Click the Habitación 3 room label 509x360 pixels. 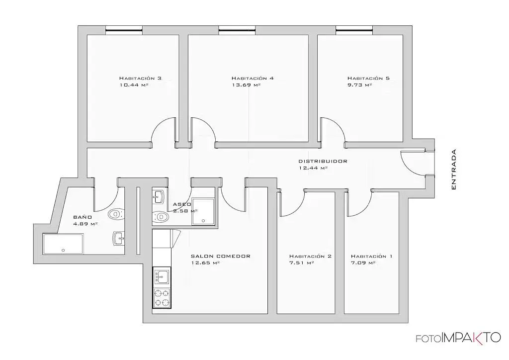(140, 78)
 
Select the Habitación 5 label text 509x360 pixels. (368, 78)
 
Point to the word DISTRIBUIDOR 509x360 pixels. (323, 161)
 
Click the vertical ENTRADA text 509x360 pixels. (453, 170)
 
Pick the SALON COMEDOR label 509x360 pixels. (220, 256)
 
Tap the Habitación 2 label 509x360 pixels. (310, 256)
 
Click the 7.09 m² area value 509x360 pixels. (363, 263)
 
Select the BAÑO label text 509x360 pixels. (82, 217)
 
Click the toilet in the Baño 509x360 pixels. (115, 214)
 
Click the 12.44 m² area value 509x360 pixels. (313, 168)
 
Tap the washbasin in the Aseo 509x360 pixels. (159, 197)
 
